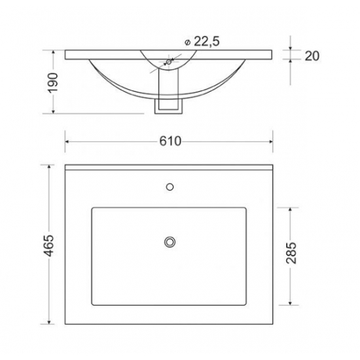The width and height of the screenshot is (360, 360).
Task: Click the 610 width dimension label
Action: [170, 141]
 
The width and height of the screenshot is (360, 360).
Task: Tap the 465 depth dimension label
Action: [48, 245]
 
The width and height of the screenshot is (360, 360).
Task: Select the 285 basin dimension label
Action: [291, 253]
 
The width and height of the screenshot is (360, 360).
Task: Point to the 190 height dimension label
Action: [52, 82]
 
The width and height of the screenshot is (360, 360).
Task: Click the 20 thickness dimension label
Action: [312, 56]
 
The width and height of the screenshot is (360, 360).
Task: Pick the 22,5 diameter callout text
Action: [207, 41]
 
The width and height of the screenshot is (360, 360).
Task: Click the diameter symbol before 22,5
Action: [187, 43]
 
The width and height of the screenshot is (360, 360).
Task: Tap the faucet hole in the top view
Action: [170, 187]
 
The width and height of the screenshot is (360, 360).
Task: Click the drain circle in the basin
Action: [170, 242]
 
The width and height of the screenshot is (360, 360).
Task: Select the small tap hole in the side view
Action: [169, 62]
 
